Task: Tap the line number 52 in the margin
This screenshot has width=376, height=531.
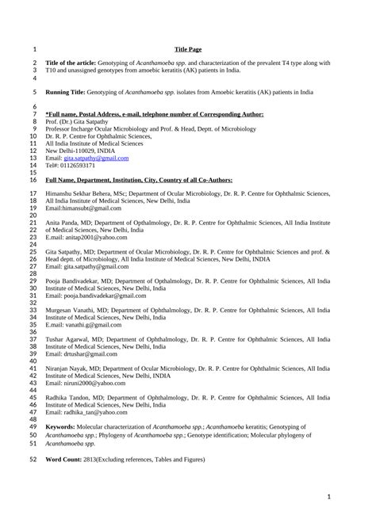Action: point(33,459)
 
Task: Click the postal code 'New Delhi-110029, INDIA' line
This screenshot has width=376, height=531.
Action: point(80,151)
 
